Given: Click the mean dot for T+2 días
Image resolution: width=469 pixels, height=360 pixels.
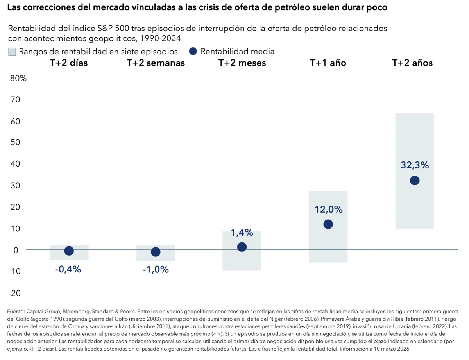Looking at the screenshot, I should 69,251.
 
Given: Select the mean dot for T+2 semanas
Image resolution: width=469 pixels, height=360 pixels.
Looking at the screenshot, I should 156,252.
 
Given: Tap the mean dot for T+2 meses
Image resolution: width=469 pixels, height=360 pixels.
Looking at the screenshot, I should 242,247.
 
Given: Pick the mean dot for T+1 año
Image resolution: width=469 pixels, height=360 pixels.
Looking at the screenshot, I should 328,224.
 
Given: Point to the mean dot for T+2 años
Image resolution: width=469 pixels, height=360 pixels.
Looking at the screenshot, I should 415,181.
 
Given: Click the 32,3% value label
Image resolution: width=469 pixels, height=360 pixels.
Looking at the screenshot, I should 415,165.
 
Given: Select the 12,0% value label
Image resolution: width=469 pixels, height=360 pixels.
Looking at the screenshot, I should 328,210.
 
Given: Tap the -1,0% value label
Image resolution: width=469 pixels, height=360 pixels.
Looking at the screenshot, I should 156,269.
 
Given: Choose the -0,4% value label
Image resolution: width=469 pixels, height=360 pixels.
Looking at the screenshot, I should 68,269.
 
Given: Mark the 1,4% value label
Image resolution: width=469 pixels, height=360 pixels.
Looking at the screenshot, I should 242,233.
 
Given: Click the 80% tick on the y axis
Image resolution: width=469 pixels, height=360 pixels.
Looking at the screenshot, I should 18,78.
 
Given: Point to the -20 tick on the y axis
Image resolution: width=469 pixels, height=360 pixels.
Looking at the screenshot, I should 16,293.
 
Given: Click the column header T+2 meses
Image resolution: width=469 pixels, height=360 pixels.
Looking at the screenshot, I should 242,63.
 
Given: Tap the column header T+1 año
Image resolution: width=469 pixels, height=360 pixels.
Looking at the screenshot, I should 328,63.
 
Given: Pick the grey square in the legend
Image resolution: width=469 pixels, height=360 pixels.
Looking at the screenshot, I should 12,52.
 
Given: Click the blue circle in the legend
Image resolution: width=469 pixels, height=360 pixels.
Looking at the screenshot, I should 193,51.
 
